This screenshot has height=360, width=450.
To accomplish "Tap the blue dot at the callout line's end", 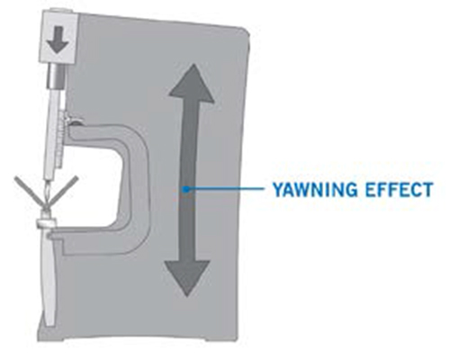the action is point(186,189).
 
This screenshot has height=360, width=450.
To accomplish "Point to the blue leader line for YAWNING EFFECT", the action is point(226,189).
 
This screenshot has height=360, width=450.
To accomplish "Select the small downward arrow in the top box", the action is point(58,39).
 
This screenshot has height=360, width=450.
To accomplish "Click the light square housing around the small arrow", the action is point(58,36).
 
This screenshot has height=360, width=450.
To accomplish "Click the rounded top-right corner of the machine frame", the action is point(245,31).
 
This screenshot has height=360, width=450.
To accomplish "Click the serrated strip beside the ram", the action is point(61,138).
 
